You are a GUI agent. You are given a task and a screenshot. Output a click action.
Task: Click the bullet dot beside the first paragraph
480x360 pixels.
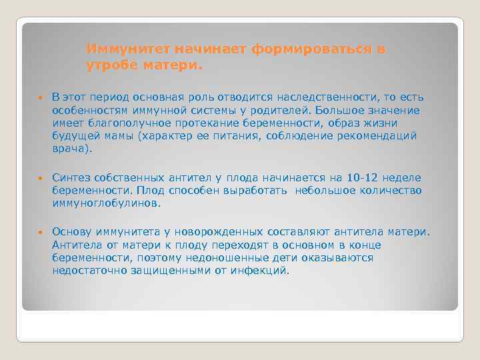click(40, 97)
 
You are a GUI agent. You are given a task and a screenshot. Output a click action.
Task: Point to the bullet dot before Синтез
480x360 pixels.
click(40, 179)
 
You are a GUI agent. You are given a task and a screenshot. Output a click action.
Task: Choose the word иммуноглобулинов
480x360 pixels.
click(107, 203)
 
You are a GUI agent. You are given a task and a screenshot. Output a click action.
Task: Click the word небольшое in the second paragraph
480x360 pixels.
click(324, 191)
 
